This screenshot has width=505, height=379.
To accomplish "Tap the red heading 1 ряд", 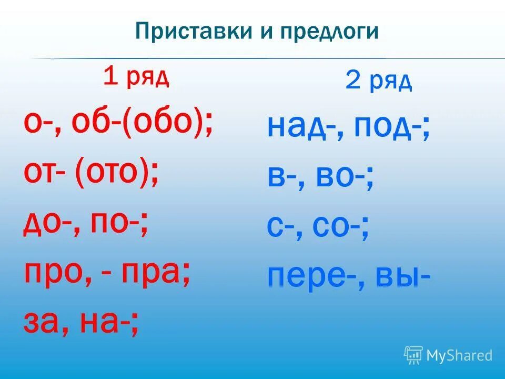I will coord(136,77).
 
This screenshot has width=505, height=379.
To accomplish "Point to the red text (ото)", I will coord(117,174).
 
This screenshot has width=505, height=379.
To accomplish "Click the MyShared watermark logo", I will coord(448,355).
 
